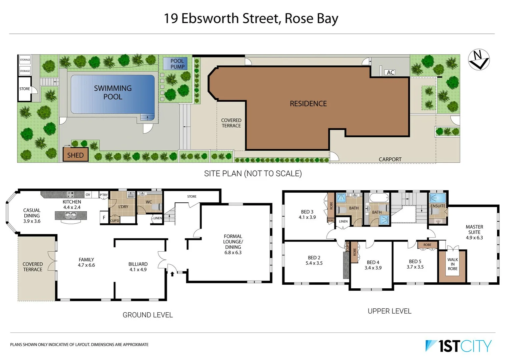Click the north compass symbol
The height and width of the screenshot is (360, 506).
(x=479, y=60)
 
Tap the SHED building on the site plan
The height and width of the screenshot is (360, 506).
(x=75, y=155)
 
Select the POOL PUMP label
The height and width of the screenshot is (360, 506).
(x=177, y=64)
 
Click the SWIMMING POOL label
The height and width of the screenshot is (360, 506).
(x=113, y=92)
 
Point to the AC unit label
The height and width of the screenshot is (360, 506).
(x=390, y=72)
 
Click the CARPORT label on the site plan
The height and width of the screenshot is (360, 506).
(x=390, y=159)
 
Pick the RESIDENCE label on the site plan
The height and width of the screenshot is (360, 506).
(x=308, y=104)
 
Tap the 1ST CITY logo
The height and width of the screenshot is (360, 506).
(x=458, y=346)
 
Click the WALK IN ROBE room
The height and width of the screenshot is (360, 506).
(x=452, y=264)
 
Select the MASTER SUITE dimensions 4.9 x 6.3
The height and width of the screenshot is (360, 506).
(x=474, y=238)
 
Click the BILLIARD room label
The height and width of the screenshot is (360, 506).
(x=138, y=264)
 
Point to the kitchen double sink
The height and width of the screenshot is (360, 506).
(x=71, y=215)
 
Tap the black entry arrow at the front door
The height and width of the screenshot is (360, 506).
(x=172, y=274)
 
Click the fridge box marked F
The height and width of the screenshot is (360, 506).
(x=104, y=217)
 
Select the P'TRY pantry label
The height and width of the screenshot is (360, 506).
(x=104, y=195)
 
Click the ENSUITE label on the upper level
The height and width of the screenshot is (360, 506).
(x=438, y=206)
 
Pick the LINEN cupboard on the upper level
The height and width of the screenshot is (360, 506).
(x=343, y=221)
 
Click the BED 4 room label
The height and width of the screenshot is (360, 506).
(x=373, y=262)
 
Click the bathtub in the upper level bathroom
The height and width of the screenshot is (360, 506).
(x=379, y=198)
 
